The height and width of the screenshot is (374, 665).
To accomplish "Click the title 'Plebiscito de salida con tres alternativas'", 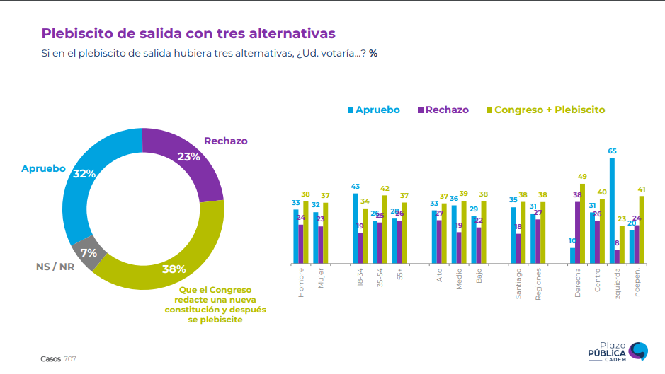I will (x=188, y=33).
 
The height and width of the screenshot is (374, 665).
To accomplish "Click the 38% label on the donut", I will (x=174, y=269).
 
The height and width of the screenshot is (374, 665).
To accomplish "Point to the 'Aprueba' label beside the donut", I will (x=43, y=168).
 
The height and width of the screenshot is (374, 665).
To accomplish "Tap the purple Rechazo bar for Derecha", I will (x=577, y=233).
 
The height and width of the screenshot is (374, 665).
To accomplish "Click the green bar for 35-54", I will (x=385, y=229).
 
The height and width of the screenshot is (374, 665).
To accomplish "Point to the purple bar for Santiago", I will (x=518, y=248).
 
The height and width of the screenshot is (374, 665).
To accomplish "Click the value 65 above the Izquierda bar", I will (x=612, y=151).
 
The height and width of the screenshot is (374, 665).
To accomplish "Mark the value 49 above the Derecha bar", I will (x=582, y=177).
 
